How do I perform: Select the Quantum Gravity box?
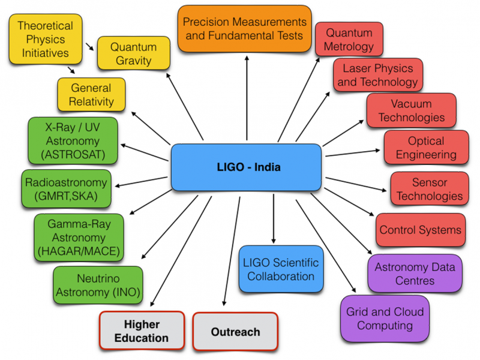(133, 53)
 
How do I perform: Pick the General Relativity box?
(91, 94)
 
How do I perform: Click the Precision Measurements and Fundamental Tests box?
(244, 29)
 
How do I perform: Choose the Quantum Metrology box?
(349, 39)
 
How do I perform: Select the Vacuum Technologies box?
(411, 110)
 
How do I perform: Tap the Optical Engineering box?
(426, 148)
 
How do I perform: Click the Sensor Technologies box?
(429, 188)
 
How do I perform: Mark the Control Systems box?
(420, 229)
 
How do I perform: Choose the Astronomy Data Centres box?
(415, 274)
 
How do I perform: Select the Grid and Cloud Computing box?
(385, 318)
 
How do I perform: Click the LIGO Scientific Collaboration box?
(280, 269)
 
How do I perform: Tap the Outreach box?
(236, 331)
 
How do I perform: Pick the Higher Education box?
(141, 330)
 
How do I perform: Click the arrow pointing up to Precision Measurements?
(247, 96)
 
